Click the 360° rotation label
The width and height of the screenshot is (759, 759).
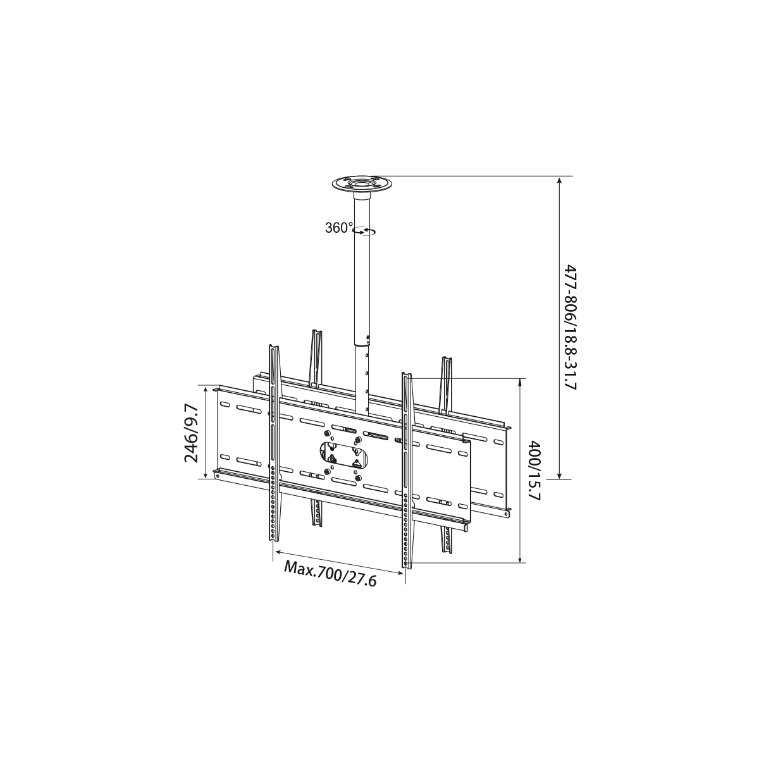click(x=339, y=228)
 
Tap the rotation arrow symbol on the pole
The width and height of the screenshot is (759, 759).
click(x=365, y=231)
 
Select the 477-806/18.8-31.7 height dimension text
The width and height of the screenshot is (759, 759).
click(x=571, y=327)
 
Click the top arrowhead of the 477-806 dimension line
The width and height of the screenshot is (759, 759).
click(x=559, y=181)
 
